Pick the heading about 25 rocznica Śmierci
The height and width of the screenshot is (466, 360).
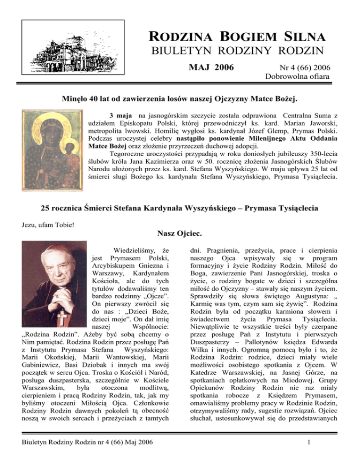click(x=180, y=209)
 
